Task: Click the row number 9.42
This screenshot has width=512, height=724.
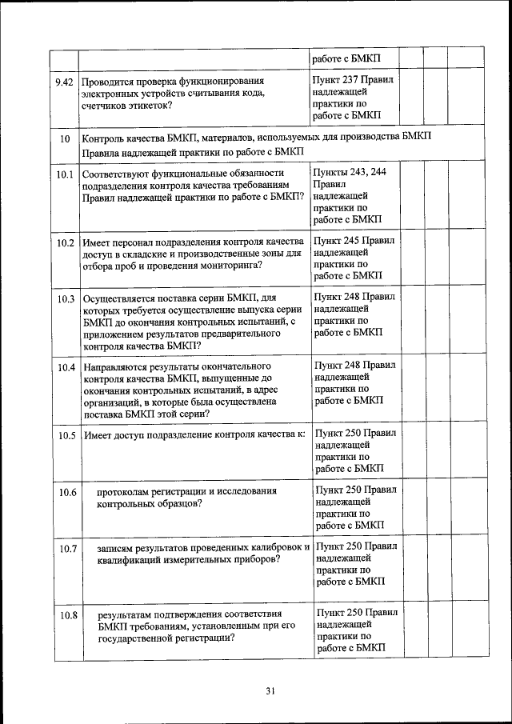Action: [x=64, y=82]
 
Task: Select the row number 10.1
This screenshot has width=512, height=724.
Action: [x=66, y=173]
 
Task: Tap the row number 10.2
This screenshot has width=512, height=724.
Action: [x=66, y=242]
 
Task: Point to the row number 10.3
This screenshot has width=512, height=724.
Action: [x=66, y=298]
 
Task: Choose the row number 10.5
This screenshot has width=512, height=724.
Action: [x=66, y=436]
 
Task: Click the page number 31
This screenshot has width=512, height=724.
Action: [x=270, y=692]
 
